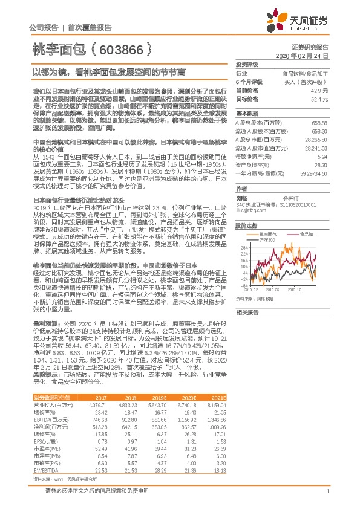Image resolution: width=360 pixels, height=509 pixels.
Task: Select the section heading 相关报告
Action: (x=247, y=313)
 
